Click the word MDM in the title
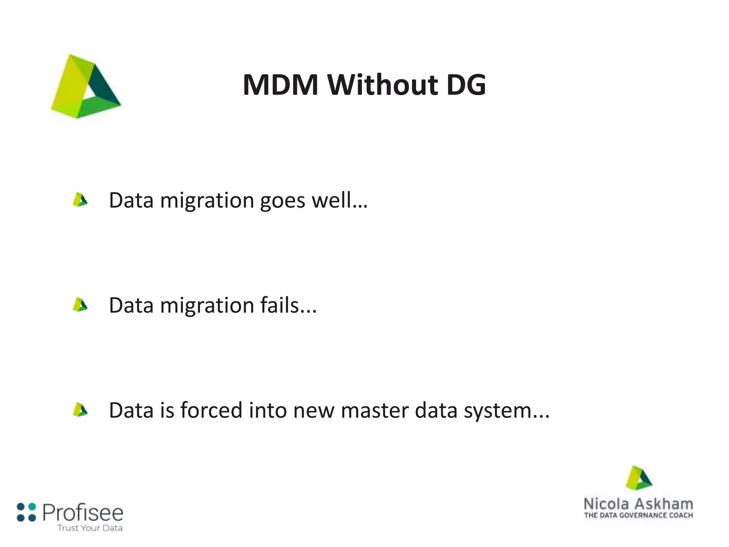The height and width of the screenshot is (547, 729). (x=280, y=85)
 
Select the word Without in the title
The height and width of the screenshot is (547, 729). (x=383, y=85)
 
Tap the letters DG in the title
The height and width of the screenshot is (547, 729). (x=466, y=85)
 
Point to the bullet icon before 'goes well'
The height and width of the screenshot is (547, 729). (x=80, y=200)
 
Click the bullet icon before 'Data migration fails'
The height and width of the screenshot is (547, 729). (x=80, y=305)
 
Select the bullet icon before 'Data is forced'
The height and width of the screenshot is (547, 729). (x=80, y=410)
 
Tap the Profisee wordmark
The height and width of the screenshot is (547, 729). (x=83, y=513)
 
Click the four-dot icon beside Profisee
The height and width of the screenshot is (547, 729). (x=26, y=512)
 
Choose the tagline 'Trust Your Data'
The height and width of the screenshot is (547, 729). (x=90, y=528)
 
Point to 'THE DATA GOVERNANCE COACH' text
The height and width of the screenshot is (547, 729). (x=639, y=515)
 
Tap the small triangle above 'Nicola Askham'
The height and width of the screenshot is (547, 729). (x=639, y=478)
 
